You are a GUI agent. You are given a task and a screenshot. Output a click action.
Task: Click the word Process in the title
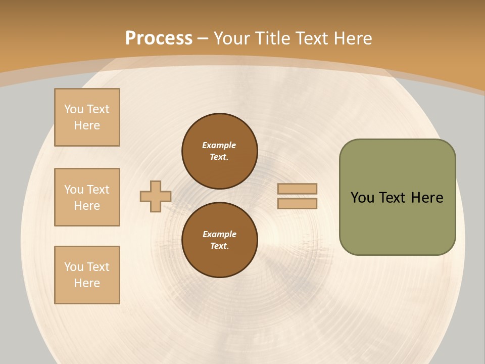click(159, 38)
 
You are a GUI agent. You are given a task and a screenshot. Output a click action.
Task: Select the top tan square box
click(87, 117)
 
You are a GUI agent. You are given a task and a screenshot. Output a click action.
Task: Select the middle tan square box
click(87, 197)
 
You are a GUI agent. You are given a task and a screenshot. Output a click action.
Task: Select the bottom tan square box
click(87, 275)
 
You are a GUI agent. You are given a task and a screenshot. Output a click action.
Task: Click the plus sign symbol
click(156, 196)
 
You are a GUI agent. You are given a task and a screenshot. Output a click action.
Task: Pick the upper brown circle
click(220, 151)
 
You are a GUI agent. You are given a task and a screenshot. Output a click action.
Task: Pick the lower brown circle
click(220, 240)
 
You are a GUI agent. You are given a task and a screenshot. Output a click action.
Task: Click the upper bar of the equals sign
click(298, 189)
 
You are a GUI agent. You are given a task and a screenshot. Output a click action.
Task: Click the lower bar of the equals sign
click(298, 203)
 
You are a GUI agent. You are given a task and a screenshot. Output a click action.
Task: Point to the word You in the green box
click(362, 198)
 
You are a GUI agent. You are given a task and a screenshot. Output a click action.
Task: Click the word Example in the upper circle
click(219, 145)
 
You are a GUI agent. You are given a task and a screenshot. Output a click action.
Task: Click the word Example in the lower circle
click(219, 234)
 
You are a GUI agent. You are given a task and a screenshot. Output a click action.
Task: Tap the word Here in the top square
click(87, 125)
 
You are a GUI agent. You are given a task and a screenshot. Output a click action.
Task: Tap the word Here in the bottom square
click(87, 283)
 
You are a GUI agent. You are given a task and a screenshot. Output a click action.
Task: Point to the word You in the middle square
click(74, 190)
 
